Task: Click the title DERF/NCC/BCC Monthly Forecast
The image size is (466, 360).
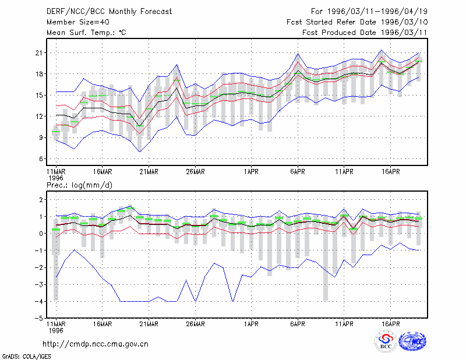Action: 109,12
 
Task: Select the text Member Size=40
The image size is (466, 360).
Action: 78,22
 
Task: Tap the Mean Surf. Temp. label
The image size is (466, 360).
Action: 86,33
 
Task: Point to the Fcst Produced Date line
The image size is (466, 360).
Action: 365,33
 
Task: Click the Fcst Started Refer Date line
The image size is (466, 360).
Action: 357,22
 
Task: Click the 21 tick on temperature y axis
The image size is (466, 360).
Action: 39,53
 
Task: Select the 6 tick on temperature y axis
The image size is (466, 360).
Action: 41,159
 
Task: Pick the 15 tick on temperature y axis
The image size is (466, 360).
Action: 39,96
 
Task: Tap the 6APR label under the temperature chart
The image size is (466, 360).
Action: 298,171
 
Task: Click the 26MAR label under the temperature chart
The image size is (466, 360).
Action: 195,171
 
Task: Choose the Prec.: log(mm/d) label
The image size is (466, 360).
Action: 79,185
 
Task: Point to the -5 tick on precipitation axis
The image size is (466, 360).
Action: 38,319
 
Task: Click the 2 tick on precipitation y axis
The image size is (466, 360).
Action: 41,199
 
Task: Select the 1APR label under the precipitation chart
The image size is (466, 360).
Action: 251,324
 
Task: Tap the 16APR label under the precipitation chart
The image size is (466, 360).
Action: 390,324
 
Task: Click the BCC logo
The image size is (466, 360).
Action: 386,342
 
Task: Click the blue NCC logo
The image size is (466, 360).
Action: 412,341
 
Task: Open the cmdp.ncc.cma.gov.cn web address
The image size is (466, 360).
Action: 96,344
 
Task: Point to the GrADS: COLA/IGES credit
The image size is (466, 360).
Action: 27,357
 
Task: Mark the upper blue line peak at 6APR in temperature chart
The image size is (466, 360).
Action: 298,54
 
